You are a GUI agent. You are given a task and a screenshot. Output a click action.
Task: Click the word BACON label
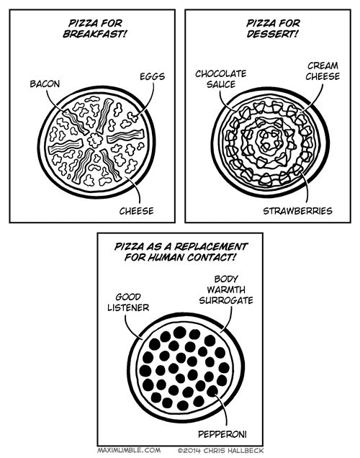click(45, 84)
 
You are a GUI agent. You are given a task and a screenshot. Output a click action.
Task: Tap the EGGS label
click(152, 76)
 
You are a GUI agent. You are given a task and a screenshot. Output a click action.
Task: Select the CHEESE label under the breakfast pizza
click(136, 211)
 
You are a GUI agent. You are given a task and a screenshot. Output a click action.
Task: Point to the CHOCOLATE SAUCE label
click(221, 79)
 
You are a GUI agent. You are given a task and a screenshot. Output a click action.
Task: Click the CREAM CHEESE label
click(323, 71)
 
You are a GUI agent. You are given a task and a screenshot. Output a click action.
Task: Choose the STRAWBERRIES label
click(297, 211)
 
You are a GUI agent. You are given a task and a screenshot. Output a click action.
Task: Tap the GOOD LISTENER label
click(128, 302)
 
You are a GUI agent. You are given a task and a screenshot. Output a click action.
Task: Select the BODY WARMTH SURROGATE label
click(226, 289)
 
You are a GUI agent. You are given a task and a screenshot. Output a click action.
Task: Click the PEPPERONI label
click(222, 434)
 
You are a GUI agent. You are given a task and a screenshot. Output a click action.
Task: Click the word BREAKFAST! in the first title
click(95, 34)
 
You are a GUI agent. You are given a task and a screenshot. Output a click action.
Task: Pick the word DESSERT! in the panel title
click(272, 34)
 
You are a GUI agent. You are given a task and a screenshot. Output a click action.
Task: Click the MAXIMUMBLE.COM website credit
click(129, 450)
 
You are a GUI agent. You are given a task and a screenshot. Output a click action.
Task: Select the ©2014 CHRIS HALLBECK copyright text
click(220, 450)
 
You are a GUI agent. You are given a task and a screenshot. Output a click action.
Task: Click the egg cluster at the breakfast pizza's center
click(95, 140)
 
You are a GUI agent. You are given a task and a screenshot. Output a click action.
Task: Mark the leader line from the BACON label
click(51, 102)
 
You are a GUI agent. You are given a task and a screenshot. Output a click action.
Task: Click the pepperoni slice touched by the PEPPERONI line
click(212, 391)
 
